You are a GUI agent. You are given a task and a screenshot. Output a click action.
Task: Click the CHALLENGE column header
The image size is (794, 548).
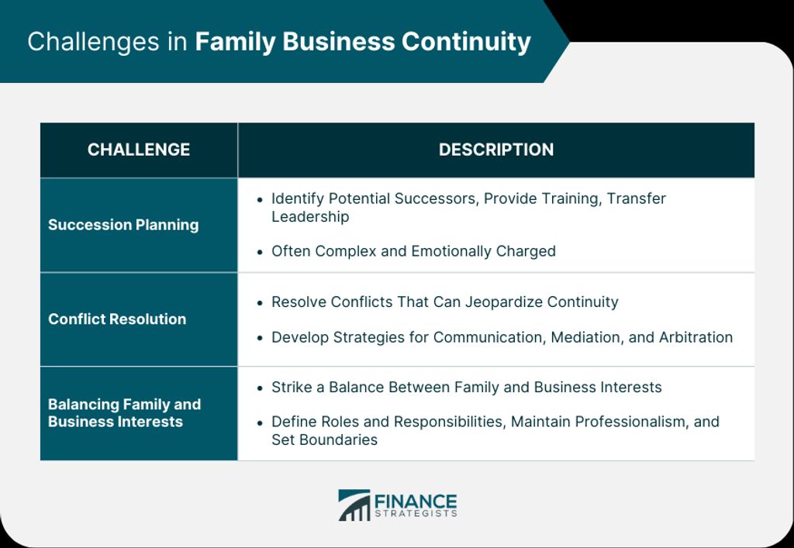139,150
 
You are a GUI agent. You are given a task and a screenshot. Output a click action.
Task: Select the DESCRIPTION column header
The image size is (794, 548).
496,150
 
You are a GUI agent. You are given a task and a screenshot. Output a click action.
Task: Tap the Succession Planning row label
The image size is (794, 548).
123,226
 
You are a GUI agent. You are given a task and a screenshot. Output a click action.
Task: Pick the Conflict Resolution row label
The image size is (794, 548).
117,319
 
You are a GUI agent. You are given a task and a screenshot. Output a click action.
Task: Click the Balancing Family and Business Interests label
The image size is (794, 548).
125,413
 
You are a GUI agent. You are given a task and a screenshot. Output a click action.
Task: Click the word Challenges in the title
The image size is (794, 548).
93,42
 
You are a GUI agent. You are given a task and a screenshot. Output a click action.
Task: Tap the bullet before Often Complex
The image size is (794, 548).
260,252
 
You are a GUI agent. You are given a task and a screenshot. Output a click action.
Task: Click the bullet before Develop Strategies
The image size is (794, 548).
260,338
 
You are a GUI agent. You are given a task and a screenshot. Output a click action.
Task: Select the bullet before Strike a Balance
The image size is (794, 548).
260,388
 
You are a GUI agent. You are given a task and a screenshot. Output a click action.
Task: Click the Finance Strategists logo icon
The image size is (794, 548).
354,505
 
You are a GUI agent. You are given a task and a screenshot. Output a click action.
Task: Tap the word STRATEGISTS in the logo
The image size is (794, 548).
416,514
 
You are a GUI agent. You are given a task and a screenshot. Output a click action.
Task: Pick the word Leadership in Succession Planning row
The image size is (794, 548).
310,216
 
